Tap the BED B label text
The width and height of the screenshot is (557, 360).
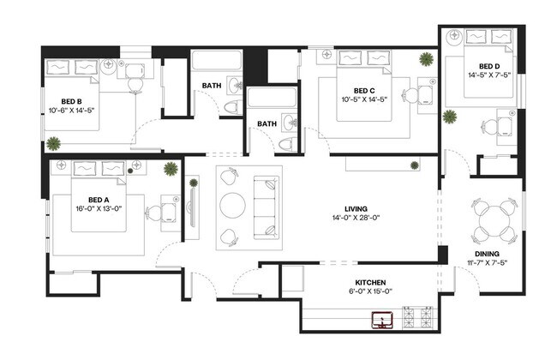[70, 98]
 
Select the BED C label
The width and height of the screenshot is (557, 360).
[364, 91]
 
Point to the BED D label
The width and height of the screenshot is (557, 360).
[488, 66]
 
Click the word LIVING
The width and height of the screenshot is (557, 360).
[356, 208]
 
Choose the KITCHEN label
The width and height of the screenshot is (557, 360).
[370, 282]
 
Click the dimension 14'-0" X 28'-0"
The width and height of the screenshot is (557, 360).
[356, 218]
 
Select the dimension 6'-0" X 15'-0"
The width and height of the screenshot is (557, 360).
[370, 291]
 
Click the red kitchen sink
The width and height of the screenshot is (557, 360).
[381, 321]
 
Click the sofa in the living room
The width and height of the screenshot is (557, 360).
[266, 206]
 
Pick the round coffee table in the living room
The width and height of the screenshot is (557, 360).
[233, 206]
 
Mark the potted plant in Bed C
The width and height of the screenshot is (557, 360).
[426, 59]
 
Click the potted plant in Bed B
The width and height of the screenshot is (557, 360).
[54, 142]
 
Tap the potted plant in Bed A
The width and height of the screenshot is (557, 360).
[171, 167]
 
